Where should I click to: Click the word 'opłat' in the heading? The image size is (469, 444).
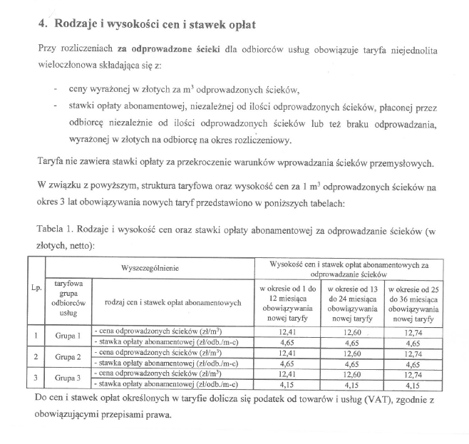pyautogui.click(x=237, y=24)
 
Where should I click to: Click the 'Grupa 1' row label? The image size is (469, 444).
pyautogui.click(x=68, y=334)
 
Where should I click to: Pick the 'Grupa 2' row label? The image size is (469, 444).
pyautogui.click(x=68, y=356)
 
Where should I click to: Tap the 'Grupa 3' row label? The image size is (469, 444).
pyautogui.click(x=68, y=378)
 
